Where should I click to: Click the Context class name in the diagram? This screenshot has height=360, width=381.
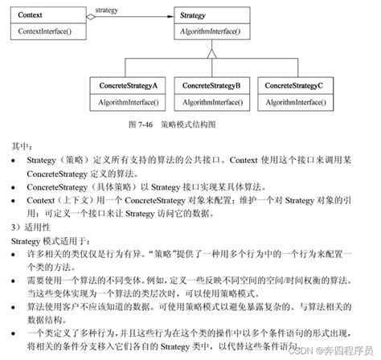30,14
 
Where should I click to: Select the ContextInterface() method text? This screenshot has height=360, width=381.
46,31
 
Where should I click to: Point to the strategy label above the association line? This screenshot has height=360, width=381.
107,9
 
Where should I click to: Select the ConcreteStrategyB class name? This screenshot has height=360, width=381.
211,85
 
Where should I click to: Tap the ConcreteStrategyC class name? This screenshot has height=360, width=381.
294,85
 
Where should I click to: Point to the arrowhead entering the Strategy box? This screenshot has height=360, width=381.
168,15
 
